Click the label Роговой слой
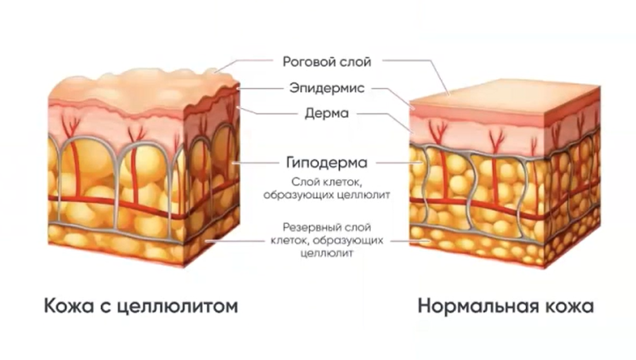click(327, 61)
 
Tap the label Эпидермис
click(327, 88)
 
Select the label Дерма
click(327, 113)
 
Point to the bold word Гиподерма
click(326, 163)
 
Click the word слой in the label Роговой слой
click(356, 61)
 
